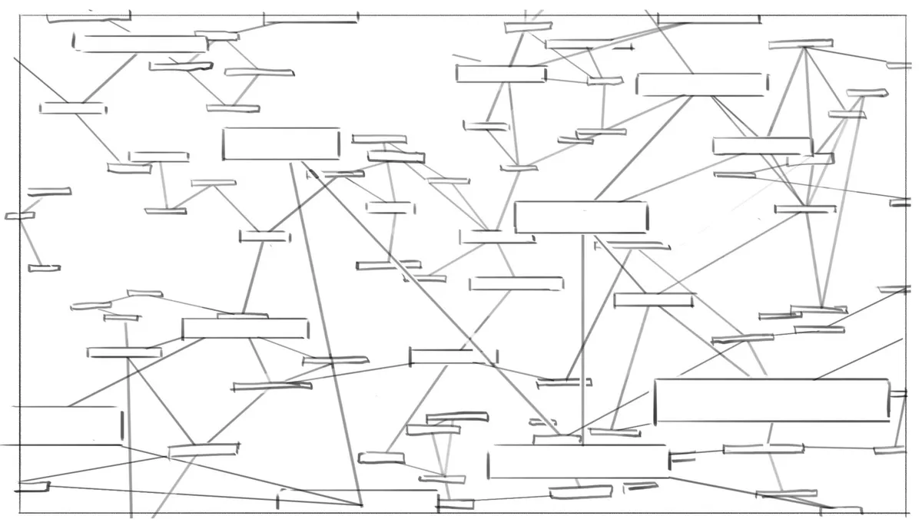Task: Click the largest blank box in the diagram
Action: [771, 400]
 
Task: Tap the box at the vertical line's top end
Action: [581, 217]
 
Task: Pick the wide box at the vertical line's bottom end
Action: [578, 461]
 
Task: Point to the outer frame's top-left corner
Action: [20, 15]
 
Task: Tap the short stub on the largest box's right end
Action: [897, 394]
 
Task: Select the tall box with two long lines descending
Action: [281, 144]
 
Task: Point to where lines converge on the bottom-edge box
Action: [360, 504]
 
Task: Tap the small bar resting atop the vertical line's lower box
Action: [557, 439]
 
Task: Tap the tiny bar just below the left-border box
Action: [35, 486]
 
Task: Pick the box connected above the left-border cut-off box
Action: [244, 329]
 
